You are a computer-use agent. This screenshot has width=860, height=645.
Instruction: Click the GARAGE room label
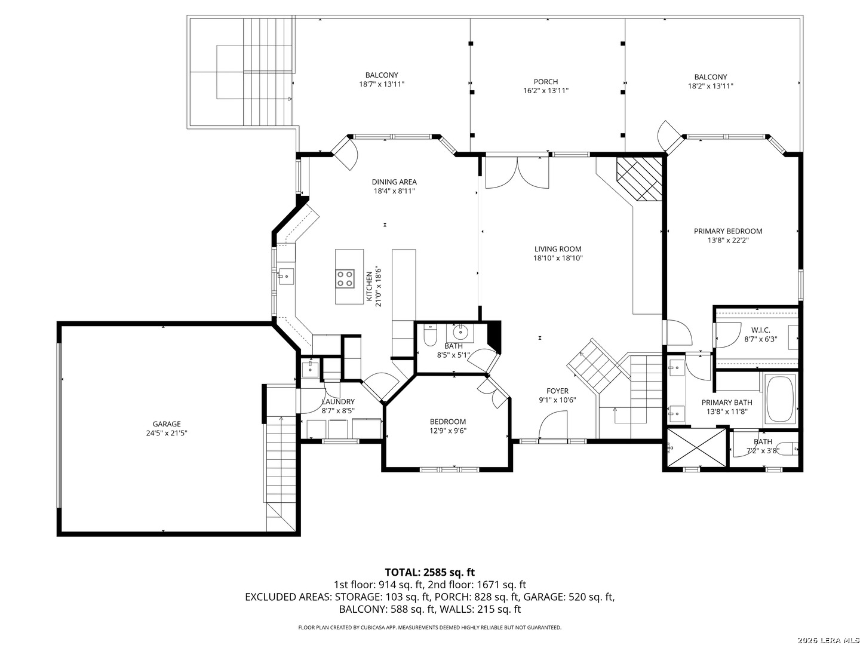point(167,424)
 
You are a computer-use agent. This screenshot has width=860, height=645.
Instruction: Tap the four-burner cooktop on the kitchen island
point(345,278)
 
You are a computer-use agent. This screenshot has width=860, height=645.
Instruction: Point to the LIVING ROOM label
point(558,249)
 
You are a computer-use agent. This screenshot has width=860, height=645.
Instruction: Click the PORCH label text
point(546,81)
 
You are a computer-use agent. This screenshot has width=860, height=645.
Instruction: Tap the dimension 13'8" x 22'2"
point(727,240)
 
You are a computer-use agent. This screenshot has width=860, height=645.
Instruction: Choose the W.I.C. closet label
point(760,330)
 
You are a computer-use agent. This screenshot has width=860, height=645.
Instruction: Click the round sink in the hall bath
point(460,333)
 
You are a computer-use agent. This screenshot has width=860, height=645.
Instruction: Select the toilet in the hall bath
point(430,336)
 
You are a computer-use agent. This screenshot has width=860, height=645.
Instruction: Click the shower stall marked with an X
point(696,447)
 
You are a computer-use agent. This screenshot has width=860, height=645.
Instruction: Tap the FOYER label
point(558,391)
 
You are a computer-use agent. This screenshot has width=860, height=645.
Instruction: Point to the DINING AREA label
point(394,182)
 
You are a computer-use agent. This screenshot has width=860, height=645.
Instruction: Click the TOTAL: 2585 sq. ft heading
point(430,572)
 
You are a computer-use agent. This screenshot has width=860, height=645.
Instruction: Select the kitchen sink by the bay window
point(286,277)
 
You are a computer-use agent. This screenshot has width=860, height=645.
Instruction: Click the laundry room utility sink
point(310,368)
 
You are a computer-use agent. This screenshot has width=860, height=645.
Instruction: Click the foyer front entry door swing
point(553,425)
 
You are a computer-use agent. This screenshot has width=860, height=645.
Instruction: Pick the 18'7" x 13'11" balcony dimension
point(382,84)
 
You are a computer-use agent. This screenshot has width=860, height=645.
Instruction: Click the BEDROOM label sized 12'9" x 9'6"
point(448,422)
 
